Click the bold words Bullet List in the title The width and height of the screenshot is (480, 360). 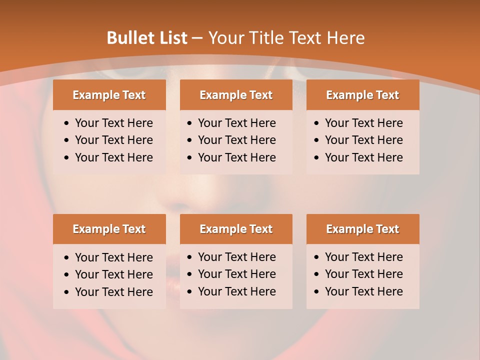(147, 38)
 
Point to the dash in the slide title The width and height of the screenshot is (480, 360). (197, 38)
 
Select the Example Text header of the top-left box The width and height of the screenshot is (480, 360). (109, 95)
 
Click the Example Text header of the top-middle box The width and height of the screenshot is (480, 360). (236, 95)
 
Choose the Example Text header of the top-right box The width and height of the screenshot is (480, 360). (362, 95)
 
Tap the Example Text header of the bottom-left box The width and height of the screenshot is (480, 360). (109, 229)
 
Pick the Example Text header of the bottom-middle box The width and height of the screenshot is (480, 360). (236, 229)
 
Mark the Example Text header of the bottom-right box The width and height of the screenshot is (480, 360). (362, 229)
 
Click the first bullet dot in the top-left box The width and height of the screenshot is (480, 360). (67, 123)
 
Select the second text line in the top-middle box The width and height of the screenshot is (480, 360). (237, 140)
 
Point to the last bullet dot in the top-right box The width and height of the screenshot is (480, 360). (317, 158)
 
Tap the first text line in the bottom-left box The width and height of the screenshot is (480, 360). (114, 257)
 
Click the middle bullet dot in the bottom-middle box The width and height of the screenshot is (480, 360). (190, 274)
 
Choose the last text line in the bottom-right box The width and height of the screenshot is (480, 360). (364, 291)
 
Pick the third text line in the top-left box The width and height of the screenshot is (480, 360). (114, 157)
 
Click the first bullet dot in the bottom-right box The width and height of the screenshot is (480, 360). (317, 257)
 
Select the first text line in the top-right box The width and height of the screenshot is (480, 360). (364, 123)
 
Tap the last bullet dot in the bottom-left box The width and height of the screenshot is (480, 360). (67, 292)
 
